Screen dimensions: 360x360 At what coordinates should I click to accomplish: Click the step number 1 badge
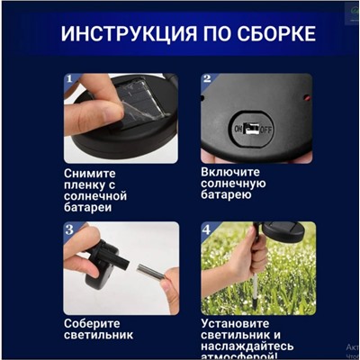tap(68, 80)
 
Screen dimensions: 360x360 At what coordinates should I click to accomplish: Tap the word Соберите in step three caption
tap(94, 322)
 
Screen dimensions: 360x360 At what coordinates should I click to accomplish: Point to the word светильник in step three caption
tap(99, 335)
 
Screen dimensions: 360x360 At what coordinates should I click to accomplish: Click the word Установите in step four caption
tap(238, 322)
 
